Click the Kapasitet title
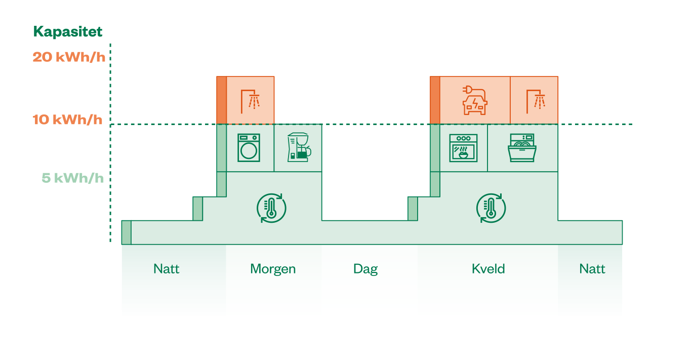coord(68,31)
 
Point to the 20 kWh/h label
coord(69,57)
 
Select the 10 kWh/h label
coord(67,119)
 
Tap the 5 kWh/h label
coord(73,178)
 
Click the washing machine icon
coord(249,148)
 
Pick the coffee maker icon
coord(299,147)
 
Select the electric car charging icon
coord(475,100)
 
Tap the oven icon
coord(463,148)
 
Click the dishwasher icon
coord(522,148)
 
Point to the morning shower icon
coord(250,101)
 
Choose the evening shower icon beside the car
coord(536,101)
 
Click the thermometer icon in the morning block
coord(271,208)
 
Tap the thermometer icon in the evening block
coord(491,208)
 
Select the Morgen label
coord(273,269)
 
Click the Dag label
coord(365,269)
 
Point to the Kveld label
coord(488,269)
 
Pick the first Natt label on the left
coord(167,269)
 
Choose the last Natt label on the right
coord(592,269)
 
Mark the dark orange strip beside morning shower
coord(222,100)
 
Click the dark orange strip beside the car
coord(435,100)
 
